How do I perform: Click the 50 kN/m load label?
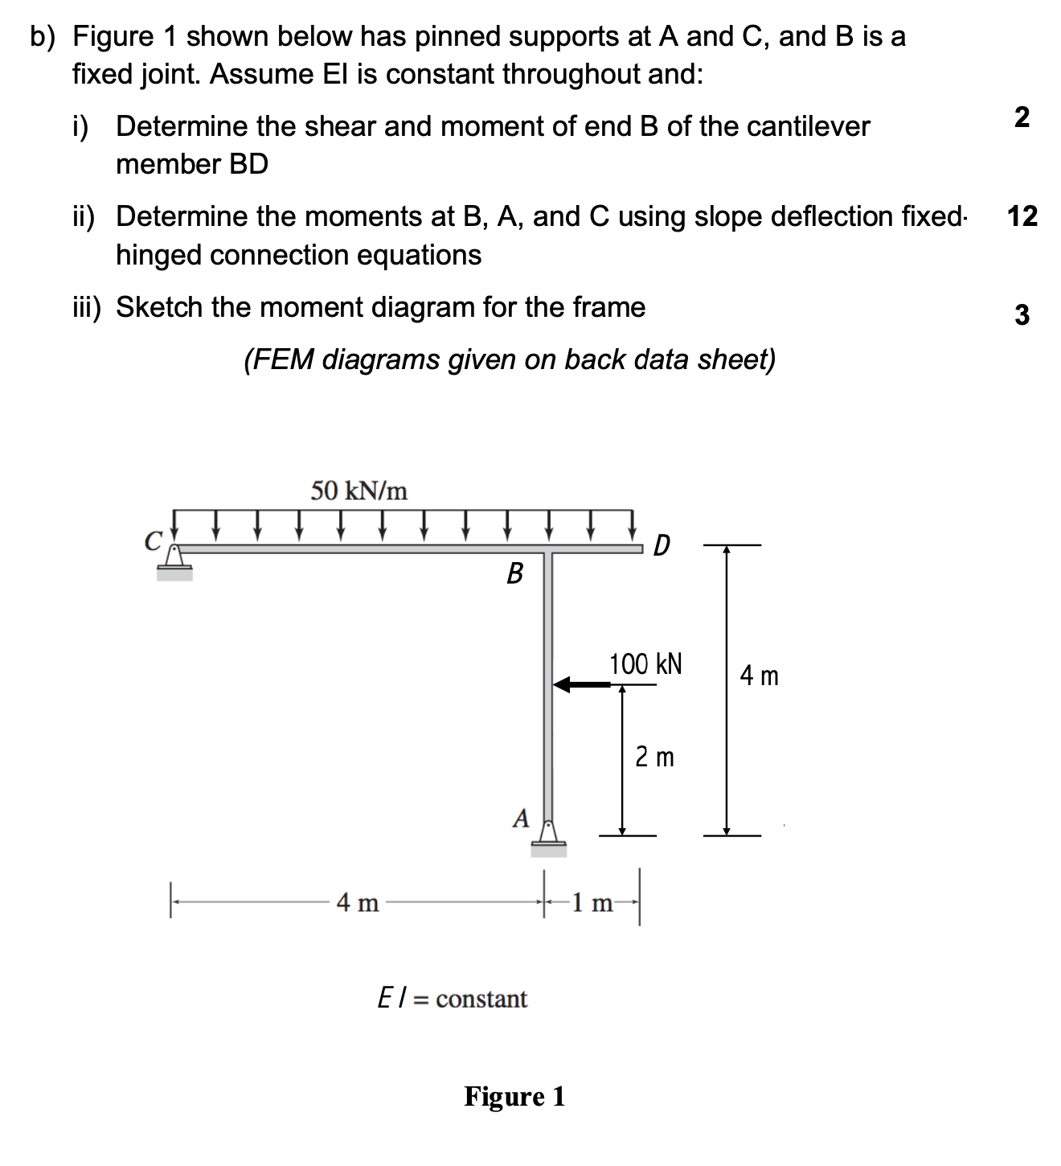pyautogui.click(x=358, y=490)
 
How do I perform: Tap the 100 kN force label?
pyautogui.click(x=645, y=664)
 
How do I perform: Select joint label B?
pyautogui.click(x=514, y=573)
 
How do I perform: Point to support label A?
pyautogui.click(x=521, y=819)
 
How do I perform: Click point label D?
pyautogui.click(x=661, y=546)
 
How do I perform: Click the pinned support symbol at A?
pyautogui.click(x=548, y=836)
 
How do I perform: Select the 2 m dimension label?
pyautogui.click(x=654, y=757)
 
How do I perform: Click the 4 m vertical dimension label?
pyautogui.click(x=759, y=676)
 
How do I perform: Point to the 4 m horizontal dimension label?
pyautogui.click(x=358, y=903)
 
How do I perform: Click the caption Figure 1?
pyautogui.click(x=514, y=1096)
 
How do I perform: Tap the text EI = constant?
pyautogui.click(x=453, y=999)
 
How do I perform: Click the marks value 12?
pyautogui.click(x=1022, y=216)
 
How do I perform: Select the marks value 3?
pyautogui.click(x=1022, y=314)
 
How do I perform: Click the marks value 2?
pyautogui.click(x=1022, y=117)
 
